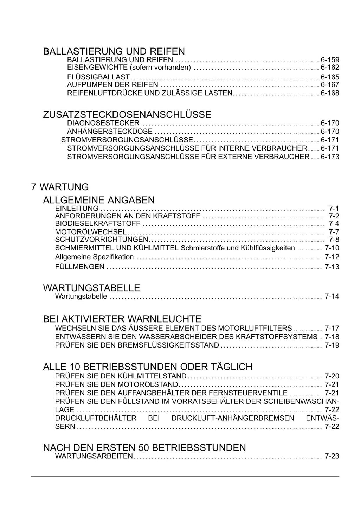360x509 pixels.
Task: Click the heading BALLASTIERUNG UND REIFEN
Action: click(x=114, y=51)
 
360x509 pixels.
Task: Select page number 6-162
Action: click(x=330, y=68)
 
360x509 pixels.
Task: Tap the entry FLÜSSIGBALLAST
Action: click(x=98, y=77)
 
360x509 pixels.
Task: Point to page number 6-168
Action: click(x=330, y=93)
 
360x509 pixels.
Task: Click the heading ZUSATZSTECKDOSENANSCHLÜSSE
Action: click(x=127, y=115)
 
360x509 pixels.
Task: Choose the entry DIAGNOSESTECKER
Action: click(x=103, y=123)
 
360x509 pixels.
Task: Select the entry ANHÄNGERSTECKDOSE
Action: click(x=110, y=132)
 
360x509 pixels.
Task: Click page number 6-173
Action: click(x=330, y=157)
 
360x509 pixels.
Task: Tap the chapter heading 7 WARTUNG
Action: click(x=60, y=187)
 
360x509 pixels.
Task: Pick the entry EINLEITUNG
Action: click(x=77, y=208)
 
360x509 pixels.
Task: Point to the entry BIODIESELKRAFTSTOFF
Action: click(x=98, y=224)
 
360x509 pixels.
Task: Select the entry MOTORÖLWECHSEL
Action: click(x=91, y=232)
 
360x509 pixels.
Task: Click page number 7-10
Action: click(x=332, y=248)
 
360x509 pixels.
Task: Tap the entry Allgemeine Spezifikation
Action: click(x=94, y=257)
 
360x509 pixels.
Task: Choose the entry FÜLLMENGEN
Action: click(x=79, y=267)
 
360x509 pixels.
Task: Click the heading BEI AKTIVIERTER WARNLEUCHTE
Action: click(x=122, y=319)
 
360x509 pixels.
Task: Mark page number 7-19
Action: click(x=332, y=345)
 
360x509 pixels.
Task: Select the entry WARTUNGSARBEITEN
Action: click(x=94, y=456)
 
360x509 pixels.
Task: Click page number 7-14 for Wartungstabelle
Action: click(x=332, y=296)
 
